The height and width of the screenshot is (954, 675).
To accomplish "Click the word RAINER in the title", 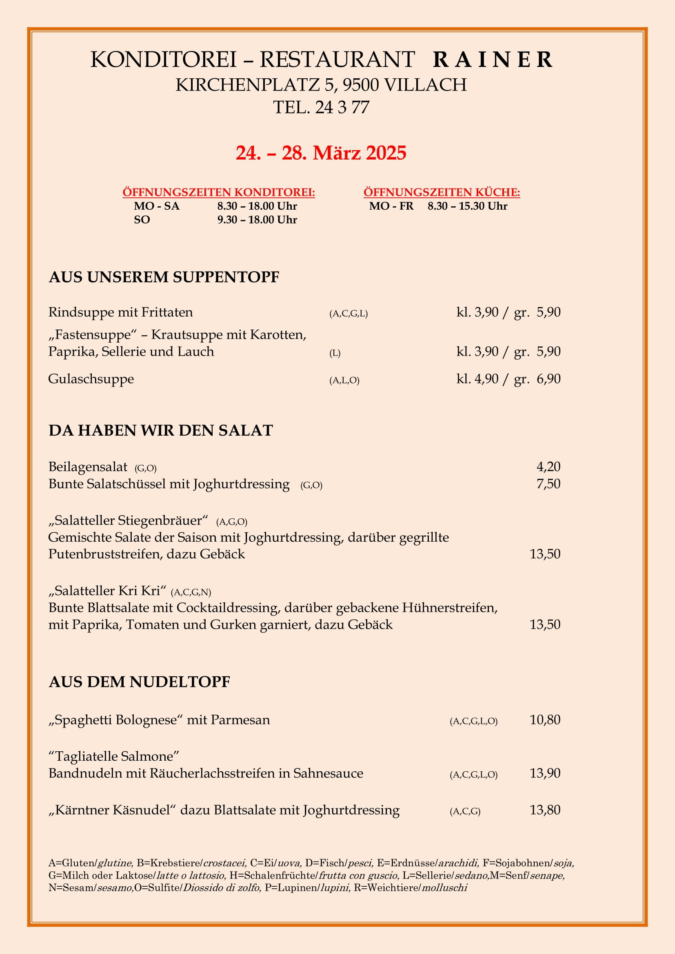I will [493, 60].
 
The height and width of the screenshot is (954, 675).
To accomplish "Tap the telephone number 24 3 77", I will [342, 108].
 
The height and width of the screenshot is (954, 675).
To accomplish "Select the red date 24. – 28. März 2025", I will [321, 153].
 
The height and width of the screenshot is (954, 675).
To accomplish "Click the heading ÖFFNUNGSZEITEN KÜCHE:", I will [442, 193].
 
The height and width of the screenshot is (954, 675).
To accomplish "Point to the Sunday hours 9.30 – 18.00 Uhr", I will [257, 220].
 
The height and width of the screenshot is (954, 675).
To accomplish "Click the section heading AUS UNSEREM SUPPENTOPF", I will [164, 277].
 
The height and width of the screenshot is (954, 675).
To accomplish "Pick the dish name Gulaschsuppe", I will [91, 379].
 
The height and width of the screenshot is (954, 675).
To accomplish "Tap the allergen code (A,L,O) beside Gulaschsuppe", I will [344, 381].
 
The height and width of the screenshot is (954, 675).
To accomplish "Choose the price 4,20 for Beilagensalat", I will [548, 467].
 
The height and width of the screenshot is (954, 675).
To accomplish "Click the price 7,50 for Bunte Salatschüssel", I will [548, 484].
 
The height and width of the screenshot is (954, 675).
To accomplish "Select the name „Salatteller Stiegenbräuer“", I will [128, 520].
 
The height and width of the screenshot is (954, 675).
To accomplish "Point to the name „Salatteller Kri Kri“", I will [107, 591].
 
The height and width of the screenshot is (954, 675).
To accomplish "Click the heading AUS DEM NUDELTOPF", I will [139, 682].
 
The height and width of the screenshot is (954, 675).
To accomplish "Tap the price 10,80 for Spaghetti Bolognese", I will [544, 719].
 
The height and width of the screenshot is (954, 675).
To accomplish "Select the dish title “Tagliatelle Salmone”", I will [113, 756].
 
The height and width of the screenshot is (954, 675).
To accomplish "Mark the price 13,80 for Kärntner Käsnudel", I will [544, 810].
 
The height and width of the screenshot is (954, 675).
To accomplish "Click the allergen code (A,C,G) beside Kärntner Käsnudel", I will [465, 812].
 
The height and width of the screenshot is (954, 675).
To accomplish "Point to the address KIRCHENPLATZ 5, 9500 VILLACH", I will [321, 85].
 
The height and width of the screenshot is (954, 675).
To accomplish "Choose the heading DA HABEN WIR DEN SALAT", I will [160, 430].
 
